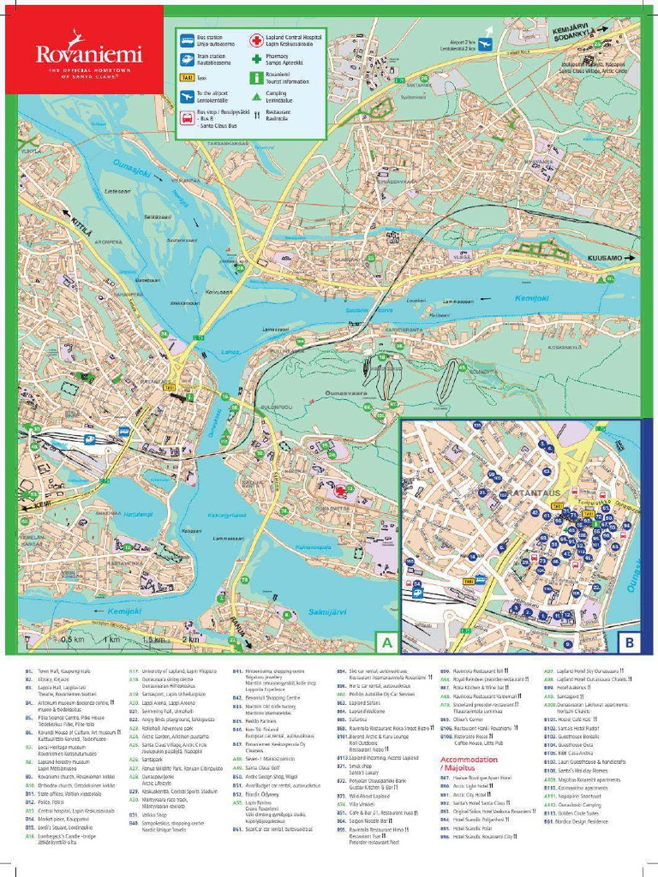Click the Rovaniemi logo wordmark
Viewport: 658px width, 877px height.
click(x=88, y=54)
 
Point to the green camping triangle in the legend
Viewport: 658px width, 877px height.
click(x=255, y=96)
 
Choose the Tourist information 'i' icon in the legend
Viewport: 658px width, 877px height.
click(x=255, y=77)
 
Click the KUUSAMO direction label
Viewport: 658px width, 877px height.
click(x=605, y=258)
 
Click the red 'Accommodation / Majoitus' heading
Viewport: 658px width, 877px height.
click(x=469, y=764)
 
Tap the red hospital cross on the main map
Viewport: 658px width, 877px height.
click(x=341, y=491)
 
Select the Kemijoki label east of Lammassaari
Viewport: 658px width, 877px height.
click(x=531, y=297)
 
